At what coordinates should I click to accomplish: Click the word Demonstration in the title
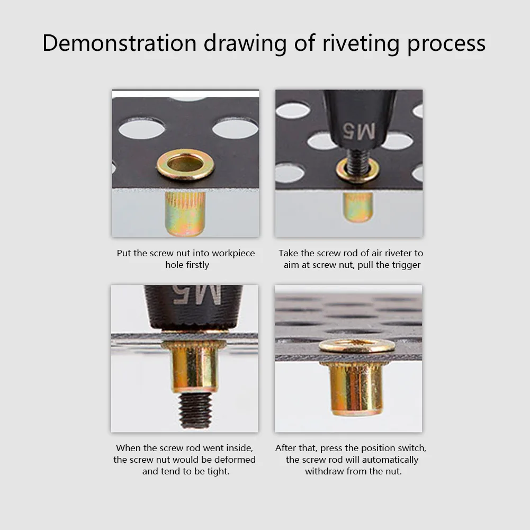pos(119,43)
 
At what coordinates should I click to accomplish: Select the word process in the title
pos(446,43)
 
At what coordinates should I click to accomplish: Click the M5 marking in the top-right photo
pos(359,130)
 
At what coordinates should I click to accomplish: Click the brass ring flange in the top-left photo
pos(185,165)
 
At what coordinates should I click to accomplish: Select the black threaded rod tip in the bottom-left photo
pos(195,410)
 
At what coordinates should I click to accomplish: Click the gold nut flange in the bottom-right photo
pos(357,346)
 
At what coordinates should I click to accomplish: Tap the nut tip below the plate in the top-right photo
pos(358,207)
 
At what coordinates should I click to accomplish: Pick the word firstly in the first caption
pos(196,265)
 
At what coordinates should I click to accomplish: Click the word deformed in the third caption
pos(235,460)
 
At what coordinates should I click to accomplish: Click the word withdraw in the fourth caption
pos(324,471)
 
